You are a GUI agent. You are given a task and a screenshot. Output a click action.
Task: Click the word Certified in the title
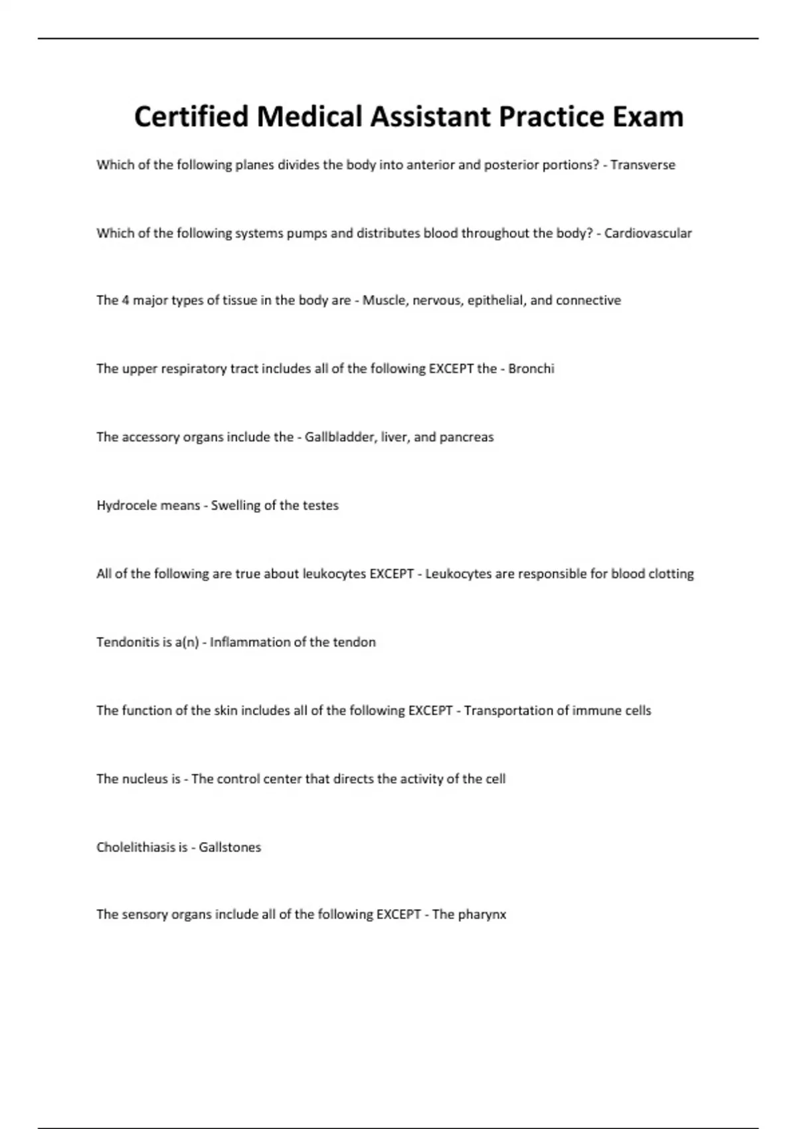[x=191, y=117]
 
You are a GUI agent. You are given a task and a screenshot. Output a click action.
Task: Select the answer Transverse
[x=642, y=165]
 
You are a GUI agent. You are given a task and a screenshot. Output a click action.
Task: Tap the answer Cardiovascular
[x=648, y=233]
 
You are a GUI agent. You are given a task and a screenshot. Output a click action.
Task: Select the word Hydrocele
[x=124, y=505]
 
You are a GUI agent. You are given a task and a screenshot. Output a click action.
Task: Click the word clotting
[x=671, y=574]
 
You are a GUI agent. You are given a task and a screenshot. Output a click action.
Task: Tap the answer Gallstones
[x=230, y=847]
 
